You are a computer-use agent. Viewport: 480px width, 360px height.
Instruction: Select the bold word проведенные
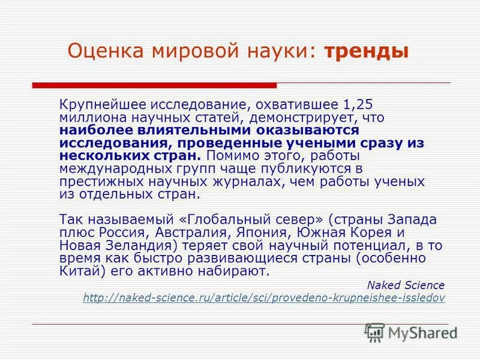(217, 143)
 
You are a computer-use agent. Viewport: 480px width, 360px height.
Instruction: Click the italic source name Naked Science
(406, 285)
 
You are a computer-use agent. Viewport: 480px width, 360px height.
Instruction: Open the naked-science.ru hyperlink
(264, 298)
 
